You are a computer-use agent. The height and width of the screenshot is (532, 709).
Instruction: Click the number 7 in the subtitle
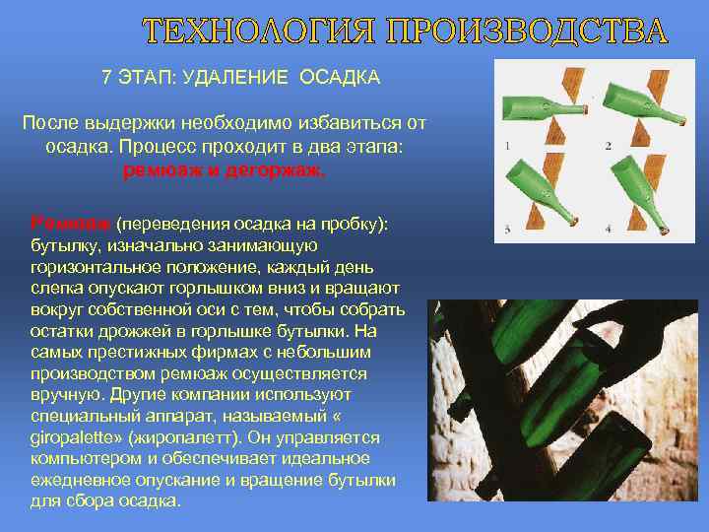click(106, 77)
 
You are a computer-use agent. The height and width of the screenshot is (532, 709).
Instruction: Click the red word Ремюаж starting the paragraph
click(62, 224)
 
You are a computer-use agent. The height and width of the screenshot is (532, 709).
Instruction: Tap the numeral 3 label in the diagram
click(506, 229)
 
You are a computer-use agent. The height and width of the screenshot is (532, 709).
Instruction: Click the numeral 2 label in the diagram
click(608, 145)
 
